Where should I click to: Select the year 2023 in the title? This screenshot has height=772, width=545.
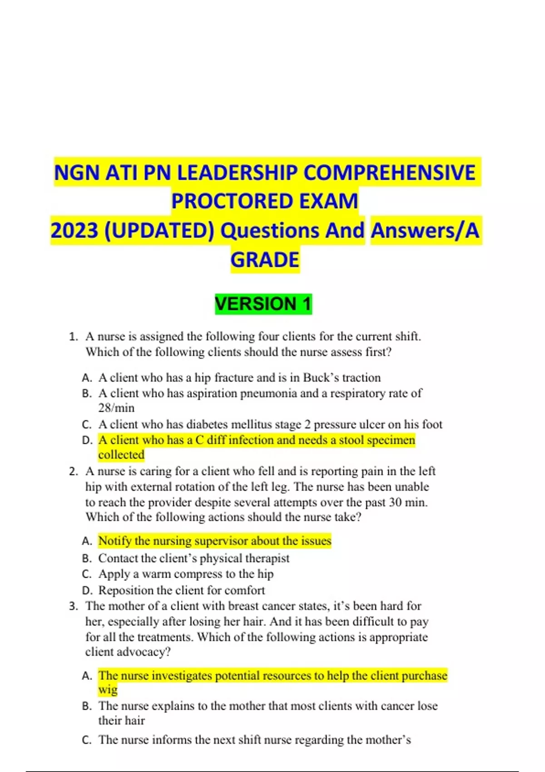[x=74, y=231]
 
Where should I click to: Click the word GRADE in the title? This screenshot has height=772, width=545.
[x=265, y=260]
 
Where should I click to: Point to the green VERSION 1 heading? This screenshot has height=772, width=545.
[x=263, y=304]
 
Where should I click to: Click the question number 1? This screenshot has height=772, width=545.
[x=73, y=337]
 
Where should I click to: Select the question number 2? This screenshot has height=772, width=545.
[x=73, y=471]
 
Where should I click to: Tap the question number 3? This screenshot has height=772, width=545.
[x=73, y=606]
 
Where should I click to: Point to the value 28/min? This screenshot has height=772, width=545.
[x=116, y=408]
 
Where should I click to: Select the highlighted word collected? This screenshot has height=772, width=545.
[x=121, y=455]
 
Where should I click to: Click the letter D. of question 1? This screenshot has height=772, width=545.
[x=87, y=440]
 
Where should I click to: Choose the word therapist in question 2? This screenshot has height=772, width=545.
[x=267, y=558]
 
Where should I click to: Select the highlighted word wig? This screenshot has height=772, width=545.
[x=108, y=690]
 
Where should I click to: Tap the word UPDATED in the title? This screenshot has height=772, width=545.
[x=159, y=231]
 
